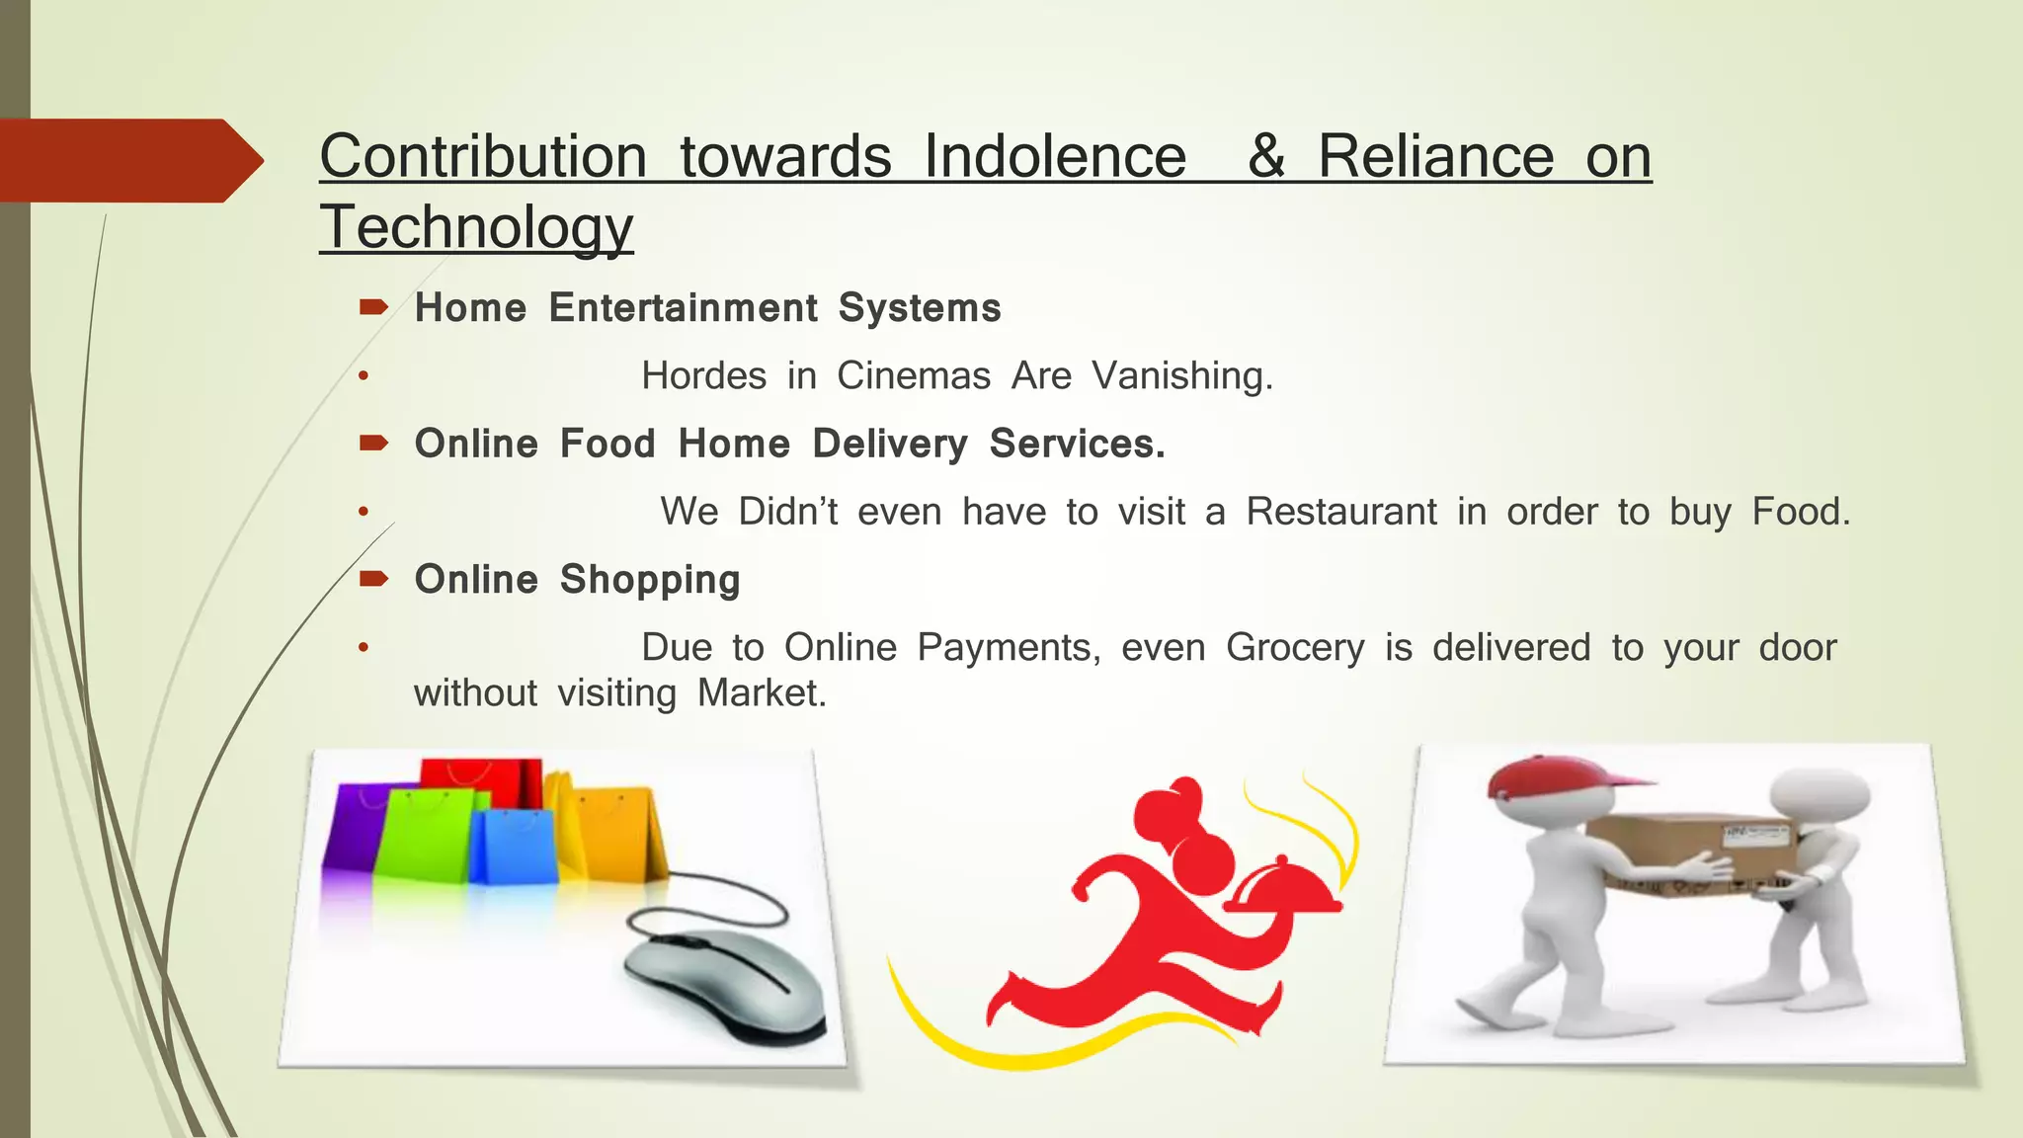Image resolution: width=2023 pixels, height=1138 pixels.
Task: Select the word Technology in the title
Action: [x=476, y=227]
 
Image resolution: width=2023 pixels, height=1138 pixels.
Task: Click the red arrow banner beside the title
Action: [x=128, y=160]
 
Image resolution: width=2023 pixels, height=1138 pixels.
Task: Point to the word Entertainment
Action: [x=683, y=308]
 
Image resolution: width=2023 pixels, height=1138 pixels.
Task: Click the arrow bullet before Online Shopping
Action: [x=373, y=579]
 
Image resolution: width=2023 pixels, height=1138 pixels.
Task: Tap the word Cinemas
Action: [x=914, y=376]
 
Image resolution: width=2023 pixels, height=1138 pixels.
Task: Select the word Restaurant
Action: [x=1340, y=512]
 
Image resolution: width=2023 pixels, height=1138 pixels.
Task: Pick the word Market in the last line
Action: [x=761, y=693]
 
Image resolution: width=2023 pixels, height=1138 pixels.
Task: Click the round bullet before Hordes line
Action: [x=364, y=376]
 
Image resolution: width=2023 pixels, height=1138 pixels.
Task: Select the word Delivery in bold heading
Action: [x=889, y=445]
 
